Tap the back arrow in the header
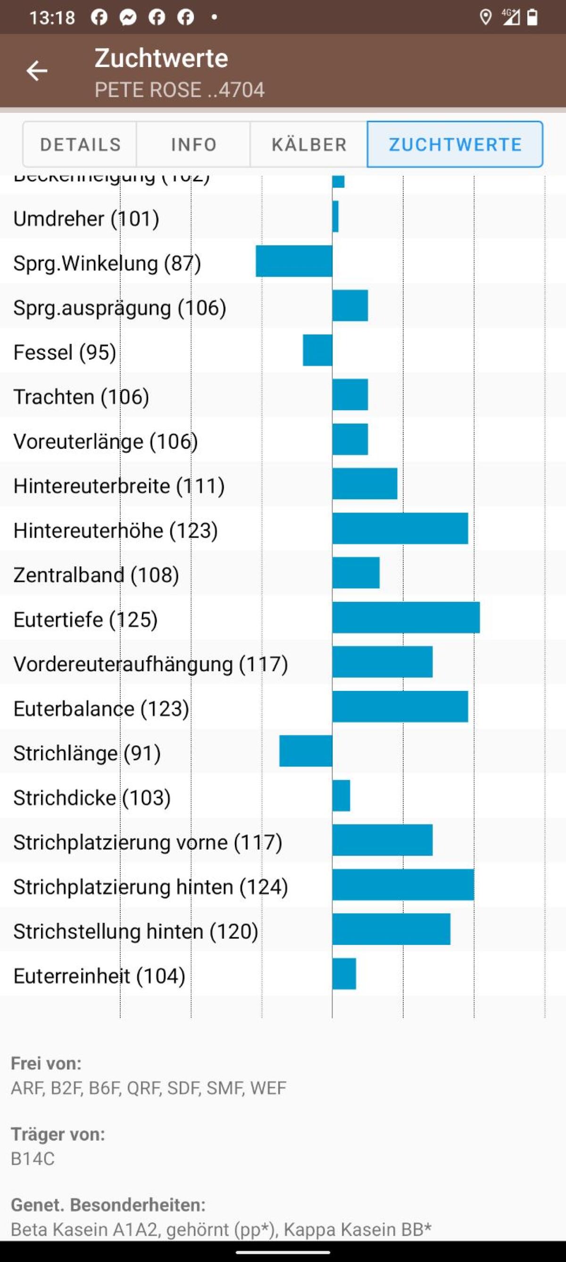tap(37, 71)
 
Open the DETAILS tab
tap(80, 144)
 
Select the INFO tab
tap(193, 144)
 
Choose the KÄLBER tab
tap(309, 144)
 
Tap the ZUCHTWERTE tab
tap(455, 144)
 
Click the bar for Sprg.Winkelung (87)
tap(294, 261)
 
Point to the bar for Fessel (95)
tap(317, 350)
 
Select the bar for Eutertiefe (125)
tap(406, 617)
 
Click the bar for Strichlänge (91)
tap(306, 750)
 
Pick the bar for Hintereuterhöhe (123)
tap(400, 528)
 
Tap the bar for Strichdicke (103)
tap(341, 796)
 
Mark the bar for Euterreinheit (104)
tap(344, 974)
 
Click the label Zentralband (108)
tap(96, 575)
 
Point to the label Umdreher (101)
tap(86, 219)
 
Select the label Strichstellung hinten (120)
tap(136, 931)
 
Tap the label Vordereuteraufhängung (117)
tap(150, 664)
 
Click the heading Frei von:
tap(46, 1063)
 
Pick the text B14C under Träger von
tap(33, 1159)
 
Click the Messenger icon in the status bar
tap(128, 17)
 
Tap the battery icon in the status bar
tap(532, 17)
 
